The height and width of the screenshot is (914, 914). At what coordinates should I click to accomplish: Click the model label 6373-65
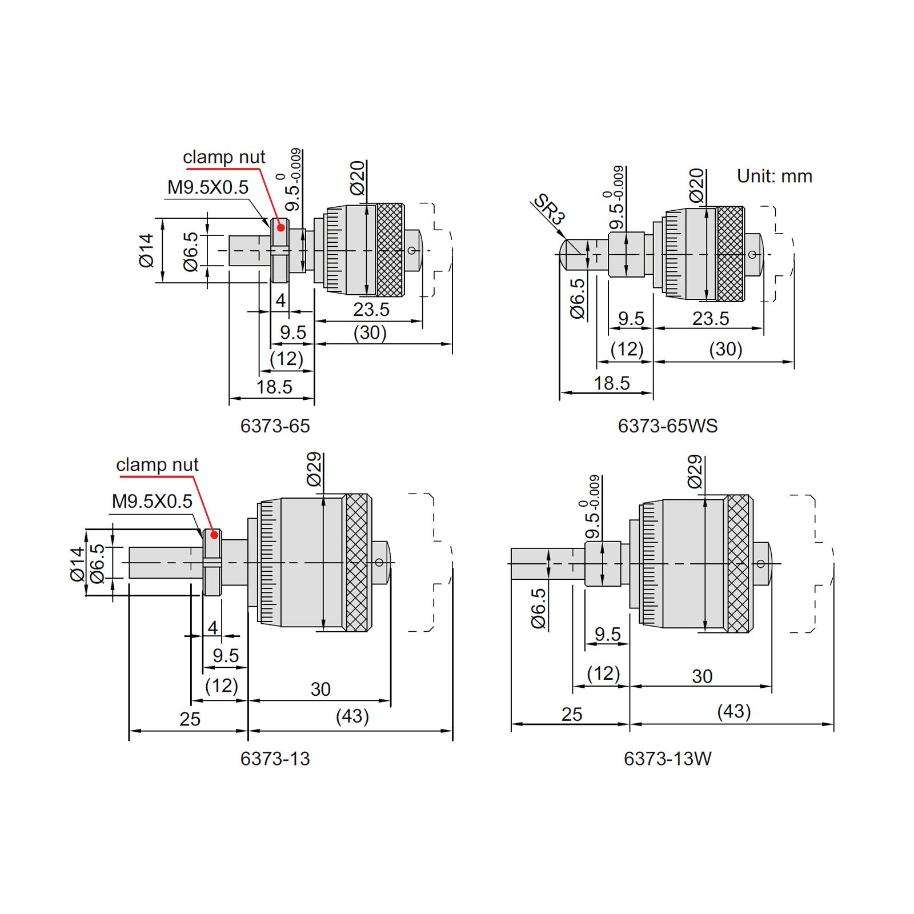click(x=275, y=426)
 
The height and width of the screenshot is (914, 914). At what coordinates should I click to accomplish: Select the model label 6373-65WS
click(x=667, y=426)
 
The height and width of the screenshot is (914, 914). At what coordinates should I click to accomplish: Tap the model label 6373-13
click(x=275, y=759)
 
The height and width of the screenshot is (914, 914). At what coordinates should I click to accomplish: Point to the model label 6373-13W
click(x=667, y=759)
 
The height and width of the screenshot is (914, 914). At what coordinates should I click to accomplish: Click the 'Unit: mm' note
click(x=775, y=176)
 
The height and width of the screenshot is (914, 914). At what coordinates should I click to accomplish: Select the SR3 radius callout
click(x=549, y=210)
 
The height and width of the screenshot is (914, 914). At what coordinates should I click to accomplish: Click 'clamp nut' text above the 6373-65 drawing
click(x=224, y=157)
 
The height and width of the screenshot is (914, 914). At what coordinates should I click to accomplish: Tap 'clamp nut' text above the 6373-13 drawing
click(x=157, y=465)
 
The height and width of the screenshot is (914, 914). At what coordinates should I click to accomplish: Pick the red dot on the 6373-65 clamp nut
click(x=280, y=227)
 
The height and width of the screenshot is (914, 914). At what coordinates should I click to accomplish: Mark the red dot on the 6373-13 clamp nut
click(x=214, y=535)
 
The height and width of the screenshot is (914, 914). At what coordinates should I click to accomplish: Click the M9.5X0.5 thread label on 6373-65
click(x=208, y=187)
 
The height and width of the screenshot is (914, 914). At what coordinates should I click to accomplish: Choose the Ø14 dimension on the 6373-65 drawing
click(x=146, y=250)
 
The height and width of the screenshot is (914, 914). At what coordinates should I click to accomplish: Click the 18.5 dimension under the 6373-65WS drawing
click(x=612, y=383)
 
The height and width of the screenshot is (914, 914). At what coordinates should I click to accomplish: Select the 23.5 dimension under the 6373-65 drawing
click(x=371, y=310)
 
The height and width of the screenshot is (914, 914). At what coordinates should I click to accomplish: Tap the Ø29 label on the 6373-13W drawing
click(x=694, y=472)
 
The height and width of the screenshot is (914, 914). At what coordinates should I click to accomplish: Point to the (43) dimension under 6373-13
click(x=352, y=716)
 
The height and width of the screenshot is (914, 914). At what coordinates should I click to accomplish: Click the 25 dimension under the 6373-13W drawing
click(x=572, y=714)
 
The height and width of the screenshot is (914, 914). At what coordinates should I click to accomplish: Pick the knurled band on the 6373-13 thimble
click(x=357, y=563)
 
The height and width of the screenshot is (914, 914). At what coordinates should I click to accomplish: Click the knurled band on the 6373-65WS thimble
click(x=730, y=254)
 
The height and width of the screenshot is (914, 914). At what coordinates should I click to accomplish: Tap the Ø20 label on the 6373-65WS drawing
click(x=696, y=186)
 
